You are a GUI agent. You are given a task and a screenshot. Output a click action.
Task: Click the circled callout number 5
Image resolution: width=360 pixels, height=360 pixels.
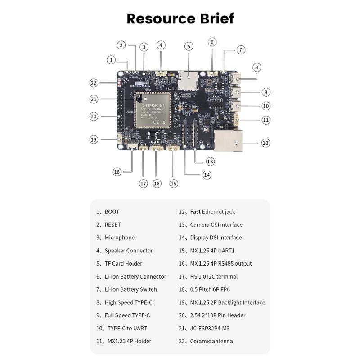(x=189, y=46)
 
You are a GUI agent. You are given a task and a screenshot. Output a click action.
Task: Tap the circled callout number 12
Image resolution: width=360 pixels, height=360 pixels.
(x=265, y=143)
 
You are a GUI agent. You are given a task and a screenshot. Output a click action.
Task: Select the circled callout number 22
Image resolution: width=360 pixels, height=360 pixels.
(x=94, y=83)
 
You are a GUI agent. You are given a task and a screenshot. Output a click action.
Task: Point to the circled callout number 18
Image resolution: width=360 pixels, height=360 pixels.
(x=117, y=171)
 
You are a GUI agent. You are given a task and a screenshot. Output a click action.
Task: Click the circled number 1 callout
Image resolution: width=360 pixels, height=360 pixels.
(x=112, y=59)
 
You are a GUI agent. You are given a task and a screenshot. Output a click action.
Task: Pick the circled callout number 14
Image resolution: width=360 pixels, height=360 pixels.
(x=207, y=175)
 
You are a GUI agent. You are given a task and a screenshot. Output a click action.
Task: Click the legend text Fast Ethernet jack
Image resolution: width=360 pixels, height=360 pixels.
(x=212, y=211)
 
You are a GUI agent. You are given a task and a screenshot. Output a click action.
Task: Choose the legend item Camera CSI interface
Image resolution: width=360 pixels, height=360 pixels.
(x=216, y=225)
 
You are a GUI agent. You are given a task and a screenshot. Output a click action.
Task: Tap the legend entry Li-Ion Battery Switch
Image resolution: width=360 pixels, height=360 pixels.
(x=130, y=289)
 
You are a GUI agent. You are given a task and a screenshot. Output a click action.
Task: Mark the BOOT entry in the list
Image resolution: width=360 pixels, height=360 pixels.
(x=112, y=211)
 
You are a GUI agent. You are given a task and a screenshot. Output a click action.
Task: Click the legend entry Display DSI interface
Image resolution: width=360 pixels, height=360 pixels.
(x=216, y=238)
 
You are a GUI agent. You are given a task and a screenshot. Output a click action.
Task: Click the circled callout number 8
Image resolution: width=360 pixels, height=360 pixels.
(x=256, y=67)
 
